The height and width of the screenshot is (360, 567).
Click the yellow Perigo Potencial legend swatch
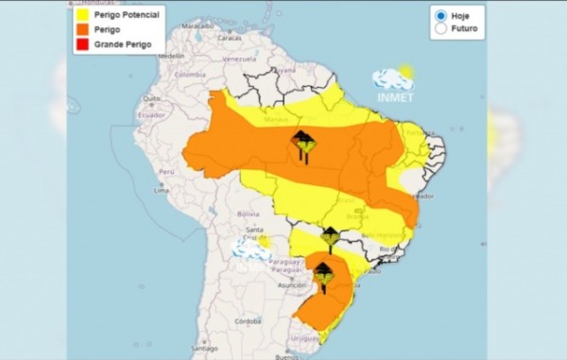[82, 15]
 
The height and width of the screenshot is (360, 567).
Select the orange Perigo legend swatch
[82, 30]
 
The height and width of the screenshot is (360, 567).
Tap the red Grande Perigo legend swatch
[82, 44]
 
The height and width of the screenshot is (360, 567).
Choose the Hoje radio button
[440, 16]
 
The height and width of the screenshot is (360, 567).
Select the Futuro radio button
[440, 29]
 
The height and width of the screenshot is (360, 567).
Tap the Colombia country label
[189, 75]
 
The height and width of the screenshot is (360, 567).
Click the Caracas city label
[229, 39]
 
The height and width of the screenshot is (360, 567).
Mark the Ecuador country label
[152, 115]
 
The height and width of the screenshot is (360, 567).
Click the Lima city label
[162, 190]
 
